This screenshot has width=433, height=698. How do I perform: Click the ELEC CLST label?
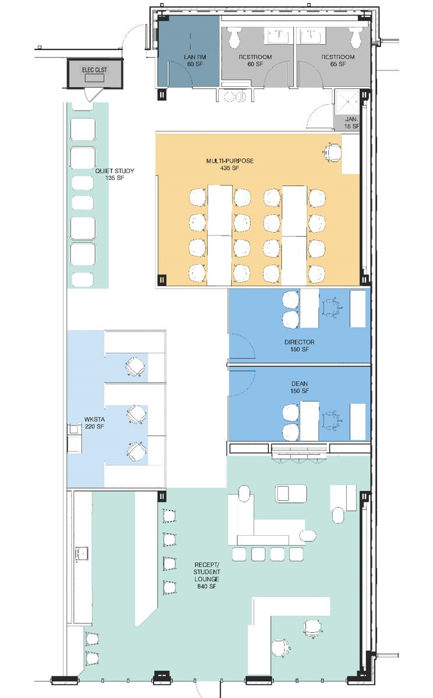(x=94, y=70)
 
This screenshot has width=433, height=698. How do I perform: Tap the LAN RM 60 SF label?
(x=195, y=60)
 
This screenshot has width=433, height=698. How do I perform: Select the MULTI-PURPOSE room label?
(x=230, y=164)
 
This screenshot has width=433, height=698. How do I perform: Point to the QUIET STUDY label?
(x=115, y=174)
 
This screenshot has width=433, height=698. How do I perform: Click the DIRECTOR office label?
(x=299, y=346)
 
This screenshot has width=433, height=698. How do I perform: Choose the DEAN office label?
(x=299, y=387)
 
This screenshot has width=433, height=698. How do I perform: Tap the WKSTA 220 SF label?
(x=94, y=423)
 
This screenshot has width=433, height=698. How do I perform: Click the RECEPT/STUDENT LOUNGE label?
(x=207, y=575)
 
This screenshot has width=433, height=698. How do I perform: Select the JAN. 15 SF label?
(x=352, y=123)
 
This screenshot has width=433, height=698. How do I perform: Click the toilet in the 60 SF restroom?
(x=235, y=37)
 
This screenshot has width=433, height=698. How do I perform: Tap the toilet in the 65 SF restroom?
(x=356, y=37)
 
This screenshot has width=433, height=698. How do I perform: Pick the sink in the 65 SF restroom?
(x=311, y=35)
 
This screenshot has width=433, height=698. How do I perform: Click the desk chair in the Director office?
(x=332, y=308)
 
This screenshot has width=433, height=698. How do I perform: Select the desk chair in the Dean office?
(x=332, y=421)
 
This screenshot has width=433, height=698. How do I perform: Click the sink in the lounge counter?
(x=81, y=553)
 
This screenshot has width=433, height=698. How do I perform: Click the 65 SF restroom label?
(x=338, y=60)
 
